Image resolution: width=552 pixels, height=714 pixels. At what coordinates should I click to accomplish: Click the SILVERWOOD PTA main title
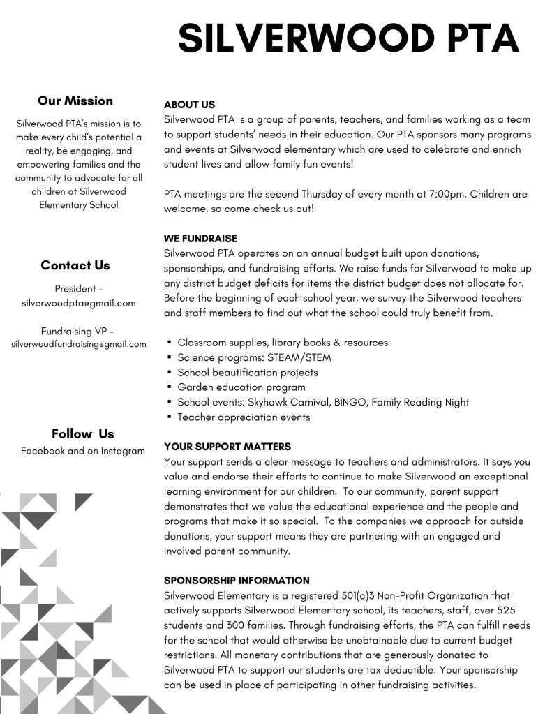coord(348,38)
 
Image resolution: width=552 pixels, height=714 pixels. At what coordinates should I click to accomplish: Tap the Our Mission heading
coord(75,101)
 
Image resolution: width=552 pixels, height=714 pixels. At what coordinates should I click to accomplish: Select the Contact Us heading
coord(75,265)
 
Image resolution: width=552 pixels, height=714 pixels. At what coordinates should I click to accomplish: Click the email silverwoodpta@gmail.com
coord(79,303)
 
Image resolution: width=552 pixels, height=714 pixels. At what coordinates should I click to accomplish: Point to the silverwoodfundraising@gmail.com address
coord(79,344)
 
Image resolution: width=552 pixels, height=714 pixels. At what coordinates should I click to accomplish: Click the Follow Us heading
coord(82,433)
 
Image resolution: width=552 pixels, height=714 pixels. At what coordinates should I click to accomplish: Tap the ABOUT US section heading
coord(189,105)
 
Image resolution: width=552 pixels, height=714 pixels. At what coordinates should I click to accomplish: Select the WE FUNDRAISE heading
coord(200,239)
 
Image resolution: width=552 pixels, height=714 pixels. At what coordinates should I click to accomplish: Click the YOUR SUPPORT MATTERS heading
coord(227,447)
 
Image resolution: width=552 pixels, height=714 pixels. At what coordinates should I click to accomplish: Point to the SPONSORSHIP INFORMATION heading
coord(237,581)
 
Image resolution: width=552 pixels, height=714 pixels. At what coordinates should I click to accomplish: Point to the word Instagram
coord(123,451)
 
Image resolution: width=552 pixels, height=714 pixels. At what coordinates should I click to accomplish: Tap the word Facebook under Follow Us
coord(43,451)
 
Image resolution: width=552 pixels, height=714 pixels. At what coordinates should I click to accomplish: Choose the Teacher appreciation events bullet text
coord(244,417)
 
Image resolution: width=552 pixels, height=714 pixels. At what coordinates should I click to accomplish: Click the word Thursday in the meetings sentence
coord(322,194)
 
